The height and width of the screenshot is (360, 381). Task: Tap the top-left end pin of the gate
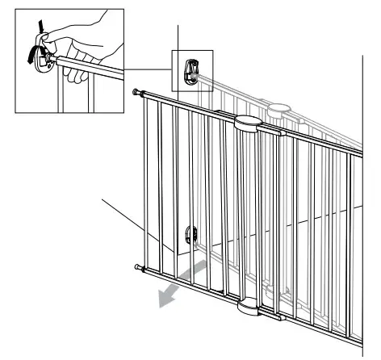[135, 94]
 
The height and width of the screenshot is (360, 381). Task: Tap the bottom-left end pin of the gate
[135, 266]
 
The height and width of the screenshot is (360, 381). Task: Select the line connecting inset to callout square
[149, 68]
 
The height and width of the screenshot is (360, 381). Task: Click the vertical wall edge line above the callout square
[178, 36]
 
